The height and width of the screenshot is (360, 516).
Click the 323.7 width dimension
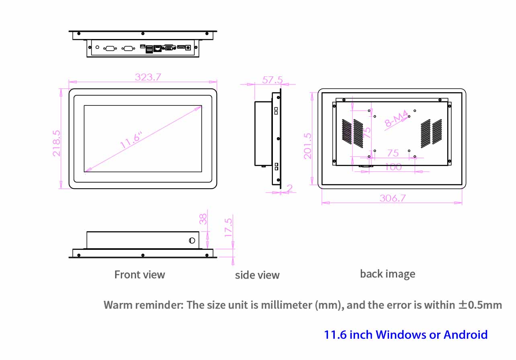point(148,77)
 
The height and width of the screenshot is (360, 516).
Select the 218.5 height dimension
point(57,143)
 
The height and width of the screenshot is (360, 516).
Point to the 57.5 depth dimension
point(272,80)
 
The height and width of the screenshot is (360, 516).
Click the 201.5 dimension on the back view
point(308,146)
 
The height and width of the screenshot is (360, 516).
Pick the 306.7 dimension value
point(392,198)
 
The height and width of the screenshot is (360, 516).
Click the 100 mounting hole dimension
point(393,167)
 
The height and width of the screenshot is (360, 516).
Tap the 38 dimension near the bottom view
point(204,219)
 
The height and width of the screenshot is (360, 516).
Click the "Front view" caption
point(139,275)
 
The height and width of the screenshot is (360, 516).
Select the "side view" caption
point(257,275)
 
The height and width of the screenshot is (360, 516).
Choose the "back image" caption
point(387,274)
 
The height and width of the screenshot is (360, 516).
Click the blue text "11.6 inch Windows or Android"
point(406,335)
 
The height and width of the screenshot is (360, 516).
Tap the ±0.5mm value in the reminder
point(480,305)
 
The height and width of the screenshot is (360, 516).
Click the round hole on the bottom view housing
point(192,241)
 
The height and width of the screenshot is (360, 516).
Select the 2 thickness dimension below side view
point(290,188)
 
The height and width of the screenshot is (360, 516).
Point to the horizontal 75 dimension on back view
point(393,153)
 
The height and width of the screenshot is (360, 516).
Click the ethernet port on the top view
point(158,49)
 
